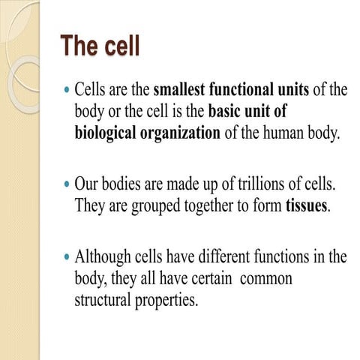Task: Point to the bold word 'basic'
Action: click(x=226, y=112)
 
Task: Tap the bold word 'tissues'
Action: click(x=307, y=205)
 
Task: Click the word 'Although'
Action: click(x=103, y=256)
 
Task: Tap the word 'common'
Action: click(x=267, y=278)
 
